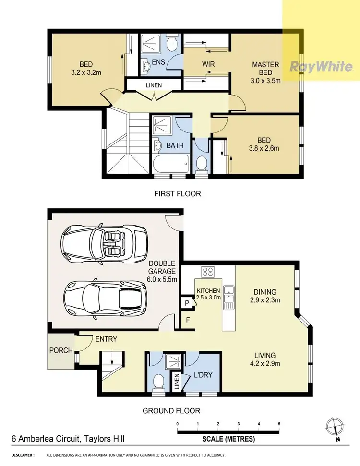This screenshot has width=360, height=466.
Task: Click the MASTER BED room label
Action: coord(266,68)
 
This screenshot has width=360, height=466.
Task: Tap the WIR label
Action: coord(208,64)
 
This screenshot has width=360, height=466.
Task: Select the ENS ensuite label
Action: coord(158,62)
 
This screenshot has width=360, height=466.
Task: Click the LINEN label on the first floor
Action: coord(154,85)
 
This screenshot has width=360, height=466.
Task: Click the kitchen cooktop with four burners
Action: coord(208,272)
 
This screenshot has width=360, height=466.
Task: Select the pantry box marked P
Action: coord(187,303)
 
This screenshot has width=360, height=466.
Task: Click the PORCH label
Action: coord(61,350)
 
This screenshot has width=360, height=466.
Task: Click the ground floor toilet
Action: coord(156,383)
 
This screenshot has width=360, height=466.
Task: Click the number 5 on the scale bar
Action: coord(279,424)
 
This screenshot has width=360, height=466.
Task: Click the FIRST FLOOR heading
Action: coord(178,194)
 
